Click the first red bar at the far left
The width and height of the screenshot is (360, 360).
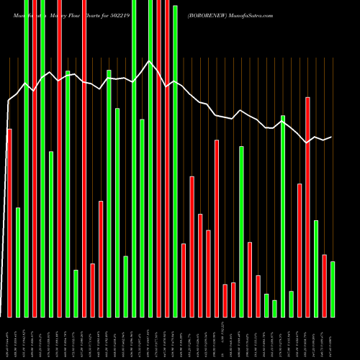(9, 222)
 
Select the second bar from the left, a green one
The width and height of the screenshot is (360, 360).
(18, 262)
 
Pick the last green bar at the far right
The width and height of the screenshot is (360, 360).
(332, 289)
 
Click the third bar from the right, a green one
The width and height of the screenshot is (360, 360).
(315, 268)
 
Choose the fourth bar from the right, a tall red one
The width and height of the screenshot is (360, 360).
(307, 207)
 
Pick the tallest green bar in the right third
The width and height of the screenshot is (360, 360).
(283, 216)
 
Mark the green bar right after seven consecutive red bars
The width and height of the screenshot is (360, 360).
(241, 231)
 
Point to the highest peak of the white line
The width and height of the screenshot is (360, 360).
(150, 61)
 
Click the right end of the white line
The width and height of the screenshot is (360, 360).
(331, 137)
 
